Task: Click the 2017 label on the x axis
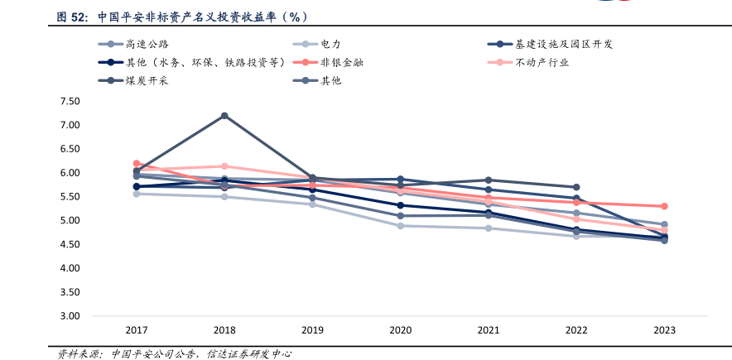pos(136,330)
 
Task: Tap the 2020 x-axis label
pos(400,330)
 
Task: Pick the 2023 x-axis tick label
pos(664,330)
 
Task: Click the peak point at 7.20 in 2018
pos(224,116)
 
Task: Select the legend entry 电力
pos(330,44)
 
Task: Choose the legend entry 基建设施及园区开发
pos(563,44)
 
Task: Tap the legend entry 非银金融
pos(341,62)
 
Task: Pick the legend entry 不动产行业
pos(542,62)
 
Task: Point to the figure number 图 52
pos(72,16)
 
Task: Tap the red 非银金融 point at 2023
pos(664,206)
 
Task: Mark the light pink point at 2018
pos(224,166)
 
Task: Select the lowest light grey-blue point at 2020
pos(400,226)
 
